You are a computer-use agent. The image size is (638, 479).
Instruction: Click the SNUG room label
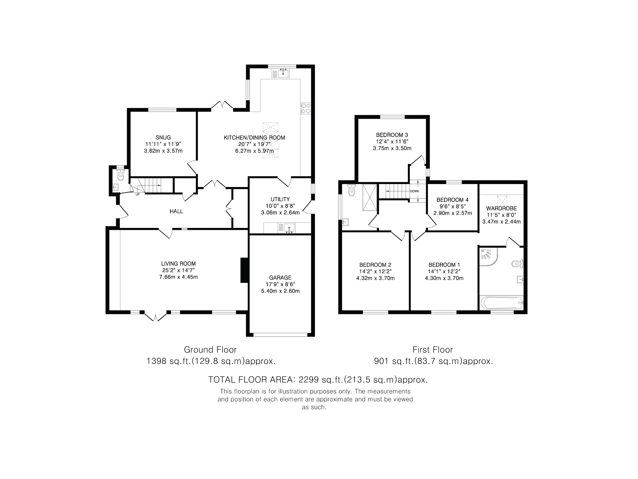163,137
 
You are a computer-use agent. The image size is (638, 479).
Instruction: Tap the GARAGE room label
280,277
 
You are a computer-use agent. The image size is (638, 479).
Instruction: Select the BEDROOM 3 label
392,135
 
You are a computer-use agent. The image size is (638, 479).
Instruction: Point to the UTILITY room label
280,199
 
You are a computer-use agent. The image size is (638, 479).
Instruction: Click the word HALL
176,211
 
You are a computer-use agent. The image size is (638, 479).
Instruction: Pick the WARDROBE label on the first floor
501,208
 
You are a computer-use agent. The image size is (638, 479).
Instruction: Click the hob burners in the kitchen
306,108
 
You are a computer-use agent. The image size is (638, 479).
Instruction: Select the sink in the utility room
287,228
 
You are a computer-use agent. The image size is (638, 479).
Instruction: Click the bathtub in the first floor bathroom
501,303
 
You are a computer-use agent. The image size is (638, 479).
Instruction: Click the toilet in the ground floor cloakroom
121,175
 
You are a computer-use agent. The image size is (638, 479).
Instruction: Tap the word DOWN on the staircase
415,191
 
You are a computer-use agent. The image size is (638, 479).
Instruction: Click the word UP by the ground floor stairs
138,194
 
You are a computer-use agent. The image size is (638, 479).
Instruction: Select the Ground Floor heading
210,350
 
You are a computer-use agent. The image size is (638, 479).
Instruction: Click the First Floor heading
433,350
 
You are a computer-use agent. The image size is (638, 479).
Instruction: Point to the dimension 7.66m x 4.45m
178,277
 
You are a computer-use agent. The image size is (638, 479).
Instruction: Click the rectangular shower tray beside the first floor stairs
369,198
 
